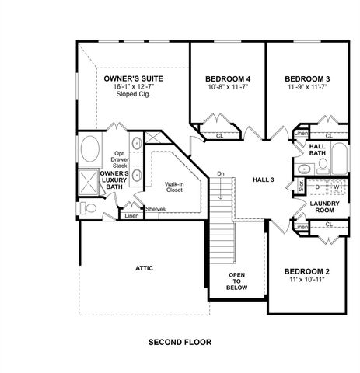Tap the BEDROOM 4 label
[227, 78]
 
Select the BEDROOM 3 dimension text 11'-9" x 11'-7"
[306, 87]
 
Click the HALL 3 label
[264, 180]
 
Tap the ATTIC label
[143, 268]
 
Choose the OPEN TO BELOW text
[236, 282]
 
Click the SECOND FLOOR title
[180, 341]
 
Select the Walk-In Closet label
[173, 187]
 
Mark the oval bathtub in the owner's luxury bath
[90, 148]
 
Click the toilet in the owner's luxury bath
[89, 207]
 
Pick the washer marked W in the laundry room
[337, 187]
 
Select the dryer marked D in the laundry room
[318, 187]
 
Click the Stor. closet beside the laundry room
[300, 186]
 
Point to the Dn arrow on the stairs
[220, 173]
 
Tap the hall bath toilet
[302, 168]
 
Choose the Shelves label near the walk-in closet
[156, 208]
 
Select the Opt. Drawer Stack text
[121, 159]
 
